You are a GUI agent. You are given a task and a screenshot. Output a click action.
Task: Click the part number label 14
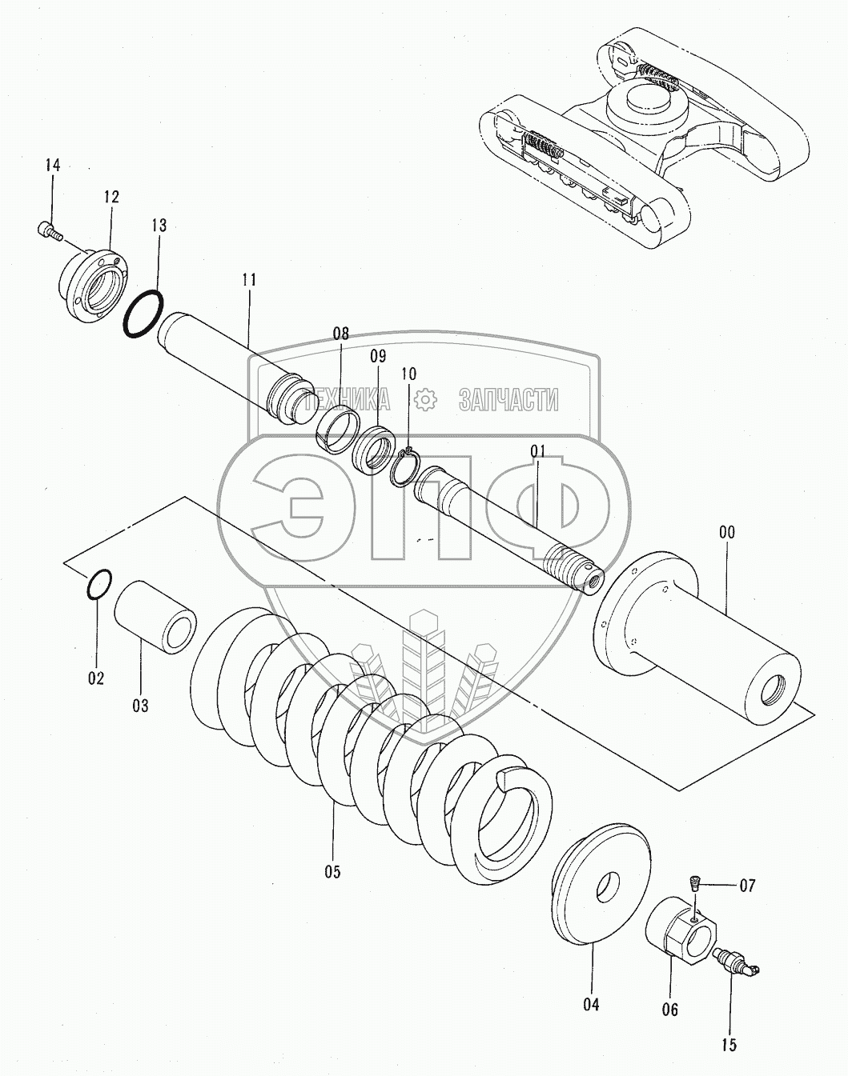click(52, 166)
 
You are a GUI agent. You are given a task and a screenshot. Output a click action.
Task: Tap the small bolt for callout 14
click(48, 230)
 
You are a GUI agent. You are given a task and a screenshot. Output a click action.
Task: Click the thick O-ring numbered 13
click(144, 314)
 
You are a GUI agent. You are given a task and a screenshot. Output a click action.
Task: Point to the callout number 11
click(248, 280)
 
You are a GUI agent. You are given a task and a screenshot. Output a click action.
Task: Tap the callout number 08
click(341, 334)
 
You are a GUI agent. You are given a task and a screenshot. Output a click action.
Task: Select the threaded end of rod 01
click(575, 564)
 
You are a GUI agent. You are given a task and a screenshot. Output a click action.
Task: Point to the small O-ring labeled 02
click(98, 585)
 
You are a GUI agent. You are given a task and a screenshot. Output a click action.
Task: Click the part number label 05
click(332, 871)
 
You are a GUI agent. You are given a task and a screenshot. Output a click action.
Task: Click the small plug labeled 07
click(695, 884)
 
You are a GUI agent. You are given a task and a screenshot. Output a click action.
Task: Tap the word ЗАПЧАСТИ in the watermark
click(508, 399)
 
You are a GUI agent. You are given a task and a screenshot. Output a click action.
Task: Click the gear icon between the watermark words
click(424, 398)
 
